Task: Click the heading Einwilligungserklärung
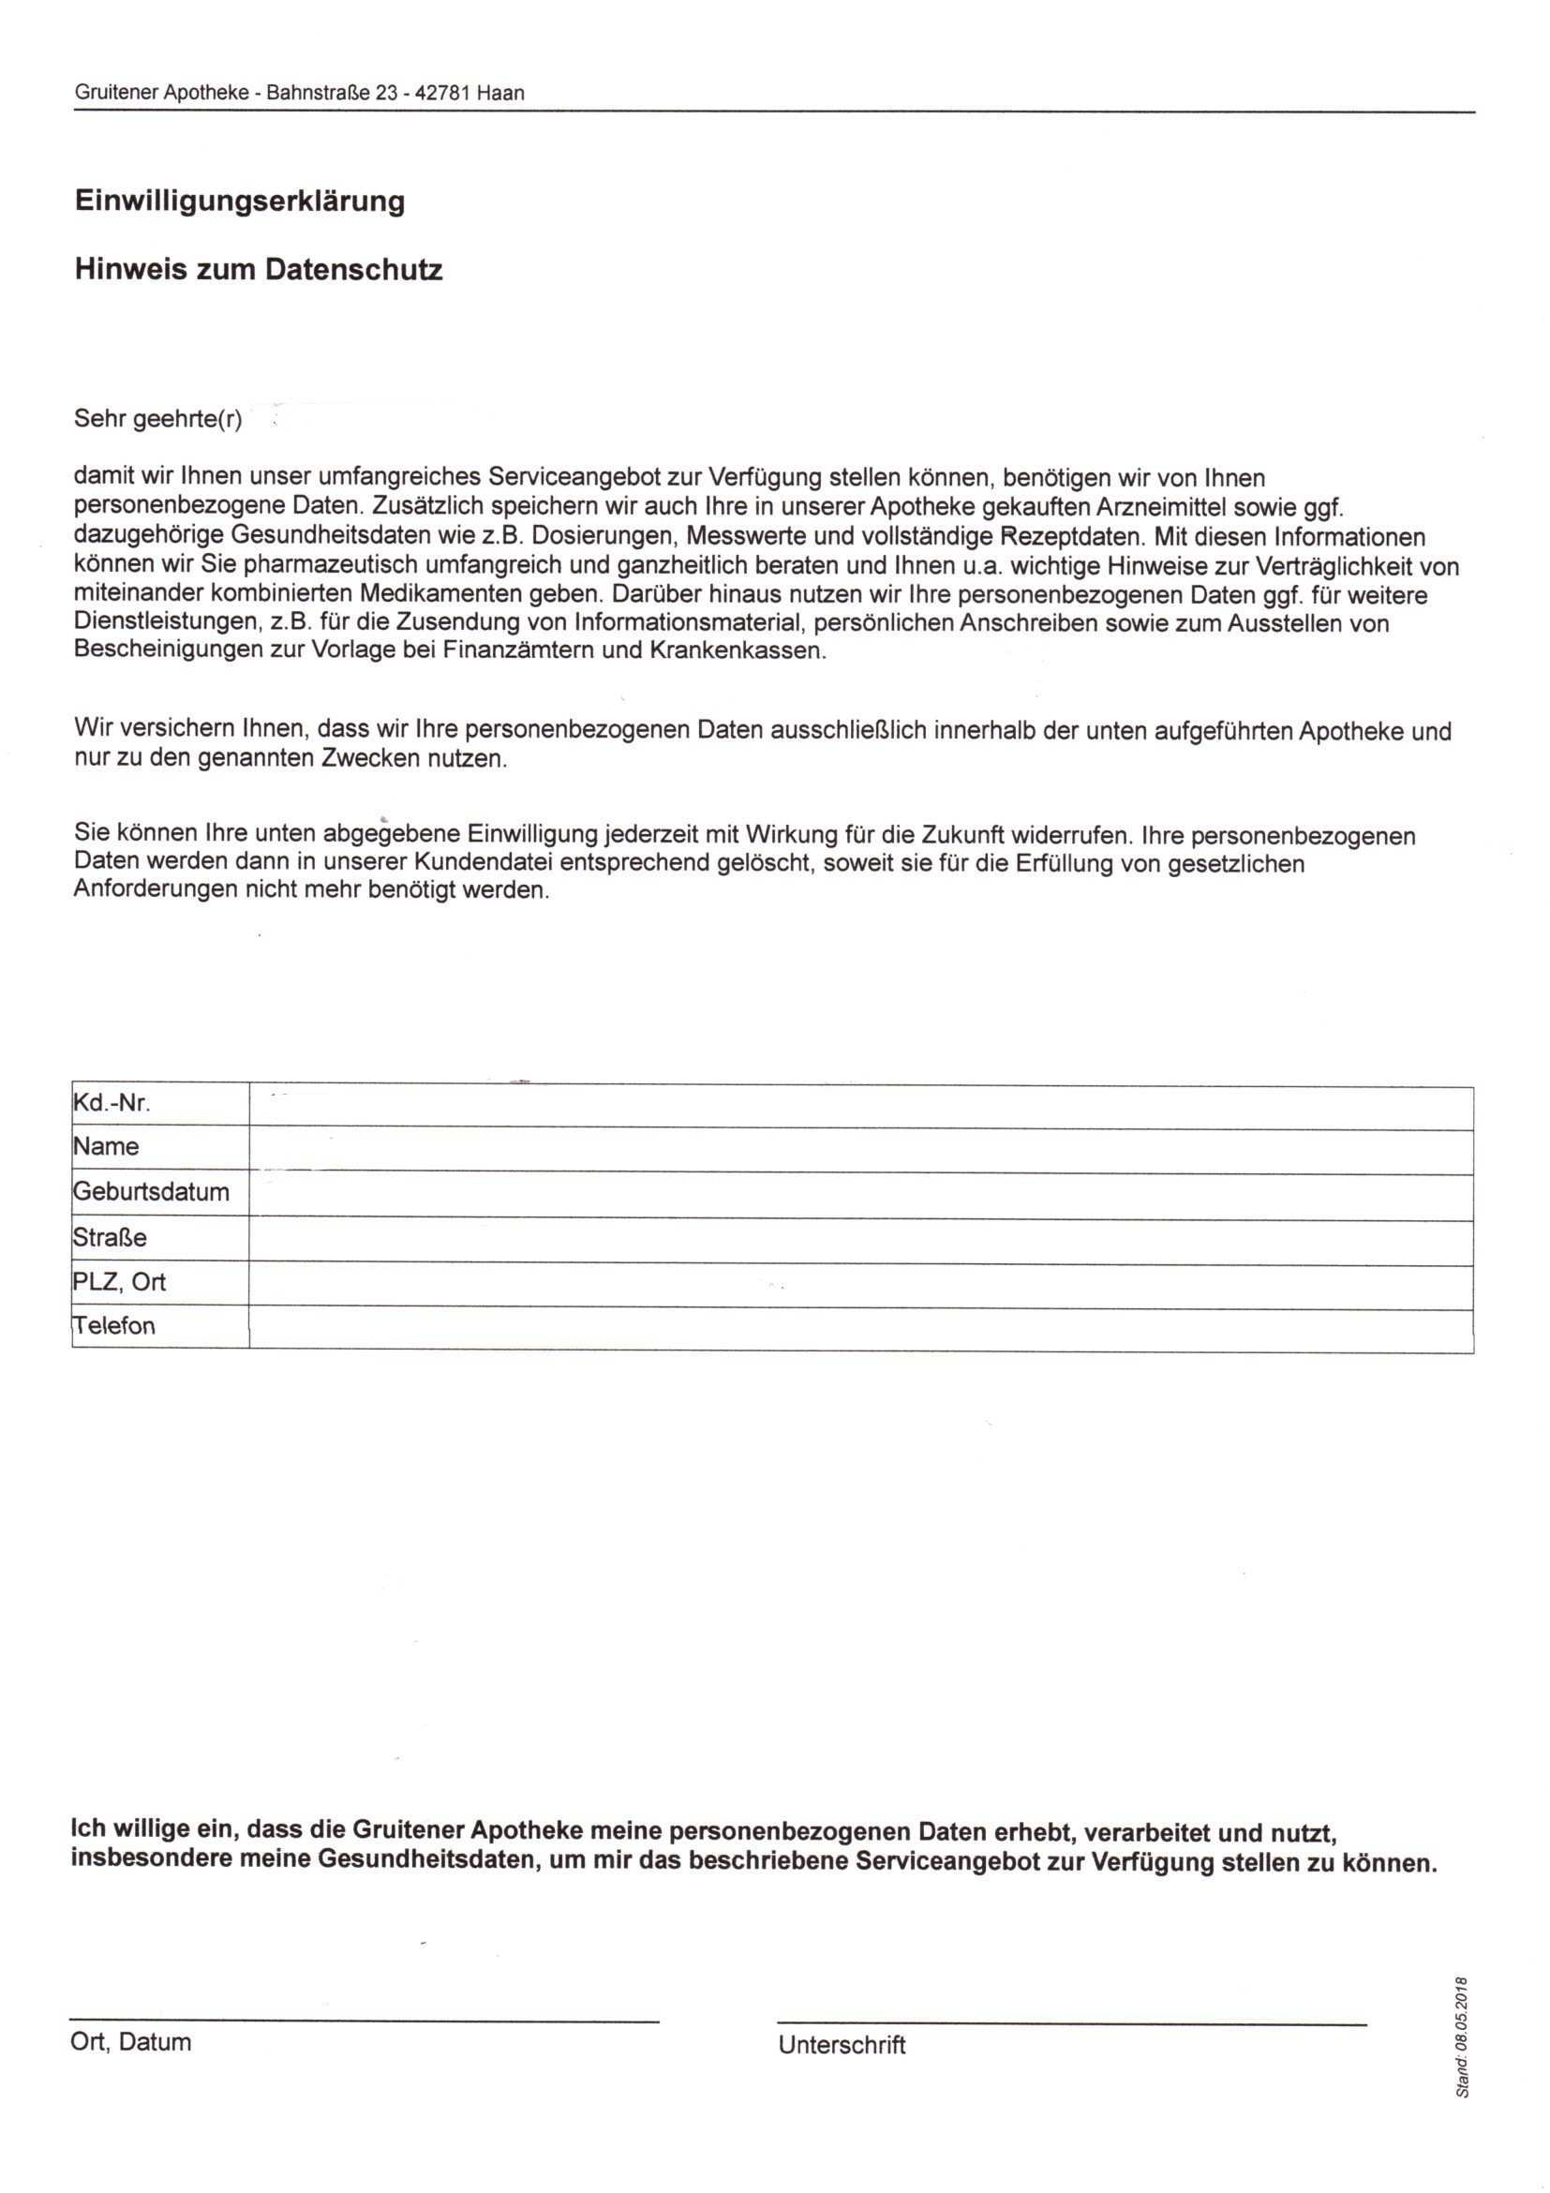[x=240, y=201]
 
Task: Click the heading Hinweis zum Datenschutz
[x=258, y=270]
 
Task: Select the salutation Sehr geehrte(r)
[x=157, y=419]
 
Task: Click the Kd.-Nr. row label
[x=112, y=1104]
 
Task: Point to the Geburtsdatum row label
[x=151, y=1192]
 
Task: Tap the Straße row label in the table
[x=110, y=1237]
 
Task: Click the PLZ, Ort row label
[x=119, y=1281]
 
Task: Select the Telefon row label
[x=113, y=1325]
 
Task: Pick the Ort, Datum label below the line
[x=131, y=2042]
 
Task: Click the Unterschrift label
[x=842, y=2045]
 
